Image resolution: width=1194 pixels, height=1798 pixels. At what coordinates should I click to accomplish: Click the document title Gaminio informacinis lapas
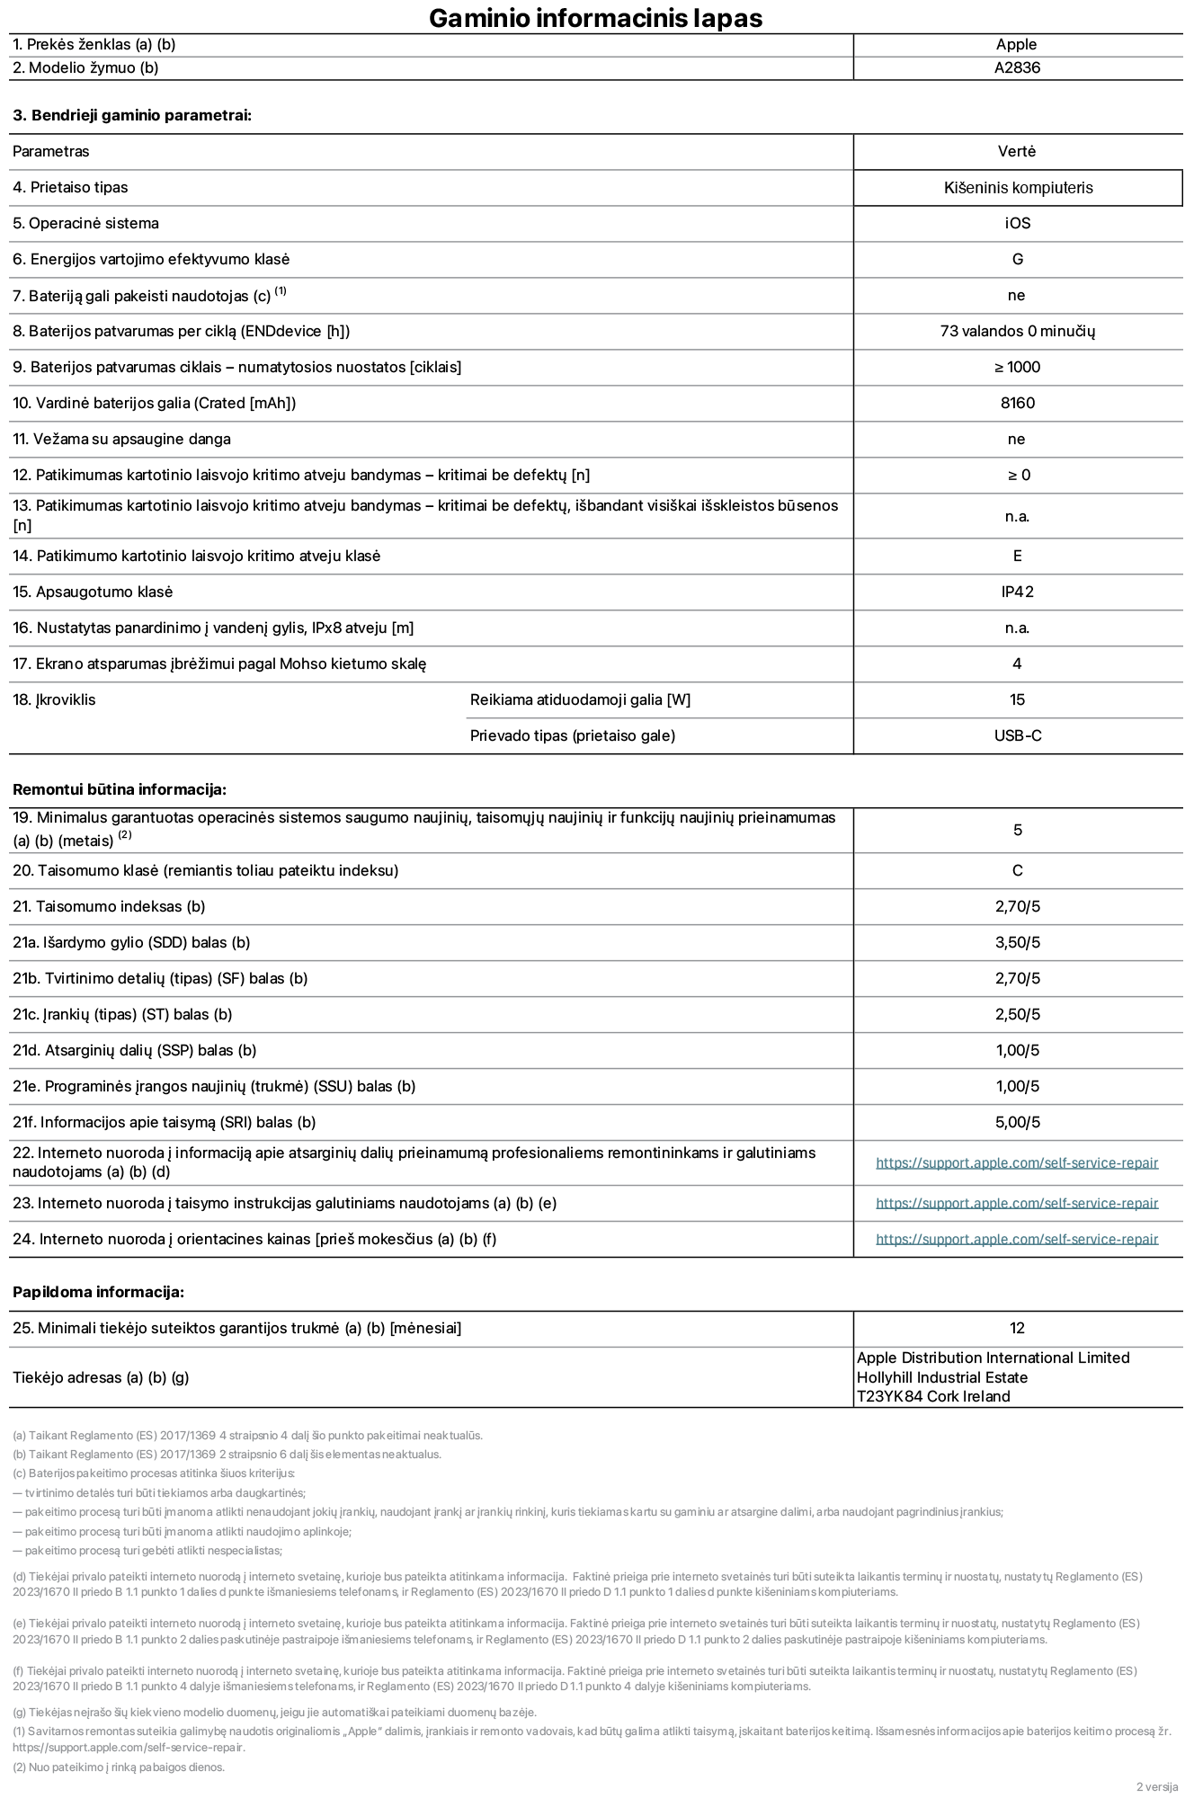pos(595,18)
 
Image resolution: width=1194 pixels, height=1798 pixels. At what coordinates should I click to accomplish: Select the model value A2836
pos(1017,67)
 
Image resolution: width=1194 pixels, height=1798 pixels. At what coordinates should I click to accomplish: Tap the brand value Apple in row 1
pos(1016,44)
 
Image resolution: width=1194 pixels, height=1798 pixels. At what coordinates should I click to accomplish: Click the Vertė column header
pos(1017,151)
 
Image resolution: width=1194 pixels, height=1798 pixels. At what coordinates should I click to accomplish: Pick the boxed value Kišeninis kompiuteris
pos(1018,187)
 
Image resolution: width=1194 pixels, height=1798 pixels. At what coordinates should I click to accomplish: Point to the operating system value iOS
pos(1018,223)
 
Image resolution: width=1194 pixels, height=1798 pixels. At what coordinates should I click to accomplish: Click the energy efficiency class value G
pos(1018,259)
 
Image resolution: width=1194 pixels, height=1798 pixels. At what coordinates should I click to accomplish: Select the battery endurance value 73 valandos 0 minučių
pos(1017,331)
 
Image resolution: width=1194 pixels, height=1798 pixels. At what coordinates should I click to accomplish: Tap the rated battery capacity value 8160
pos(1018,403)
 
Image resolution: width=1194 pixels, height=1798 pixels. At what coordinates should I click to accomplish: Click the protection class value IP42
pos(1018,592)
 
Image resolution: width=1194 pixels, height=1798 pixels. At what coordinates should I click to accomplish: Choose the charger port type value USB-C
pos(1018,735)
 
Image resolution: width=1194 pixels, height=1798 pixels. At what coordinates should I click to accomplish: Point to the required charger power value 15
pos(1018,699)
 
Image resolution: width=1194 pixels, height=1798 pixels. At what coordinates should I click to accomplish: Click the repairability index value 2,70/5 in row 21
pos(1018,906)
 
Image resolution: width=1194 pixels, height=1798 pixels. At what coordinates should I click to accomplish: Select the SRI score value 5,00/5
pos(1018,1122)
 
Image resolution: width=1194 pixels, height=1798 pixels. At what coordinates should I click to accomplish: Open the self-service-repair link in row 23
pos(1017,1203)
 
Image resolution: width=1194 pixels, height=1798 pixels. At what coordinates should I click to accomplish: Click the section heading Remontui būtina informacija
pos(120,789)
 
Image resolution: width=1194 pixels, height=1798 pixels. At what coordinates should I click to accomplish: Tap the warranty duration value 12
pos(1018,1328)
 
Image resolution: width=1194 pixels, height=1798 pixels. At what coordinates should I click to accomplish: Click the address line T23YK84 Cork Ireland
pos(933,1396)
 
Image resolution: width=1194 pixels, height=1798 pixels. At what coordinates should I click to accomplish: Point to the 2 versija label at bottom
pos(1156,1786)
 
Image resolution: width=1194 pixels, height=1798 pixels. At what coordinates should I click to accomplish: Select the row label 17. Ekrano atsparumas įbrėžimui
pos(219,663)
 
